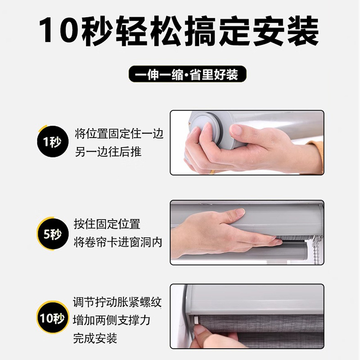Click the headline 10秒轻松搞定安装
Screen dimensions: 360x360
(179, 31)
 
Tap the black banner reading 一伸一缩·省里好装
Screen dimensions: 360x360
(187, 74)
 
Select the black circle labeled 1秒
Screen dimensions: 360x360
(53, 141)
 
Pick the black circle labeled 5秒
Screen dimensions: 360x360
(53, 234)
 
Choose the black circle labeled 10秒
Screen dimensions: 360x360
(53, 318)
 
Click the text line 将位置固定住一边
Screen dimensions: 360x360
(119, 134)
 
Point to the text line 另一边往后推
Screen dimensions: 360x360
(108, 152)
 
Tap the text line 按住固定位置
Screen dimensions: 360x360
(107, 224)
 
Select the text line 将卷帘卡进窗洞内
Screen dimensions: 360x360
(118, 242)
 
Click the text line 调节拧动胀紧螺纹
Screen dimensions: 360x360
(117, 302)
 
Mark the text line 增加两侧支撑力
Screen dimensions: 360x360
(112, 320)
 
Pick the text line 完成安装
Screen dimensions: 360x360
(95, 338)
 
